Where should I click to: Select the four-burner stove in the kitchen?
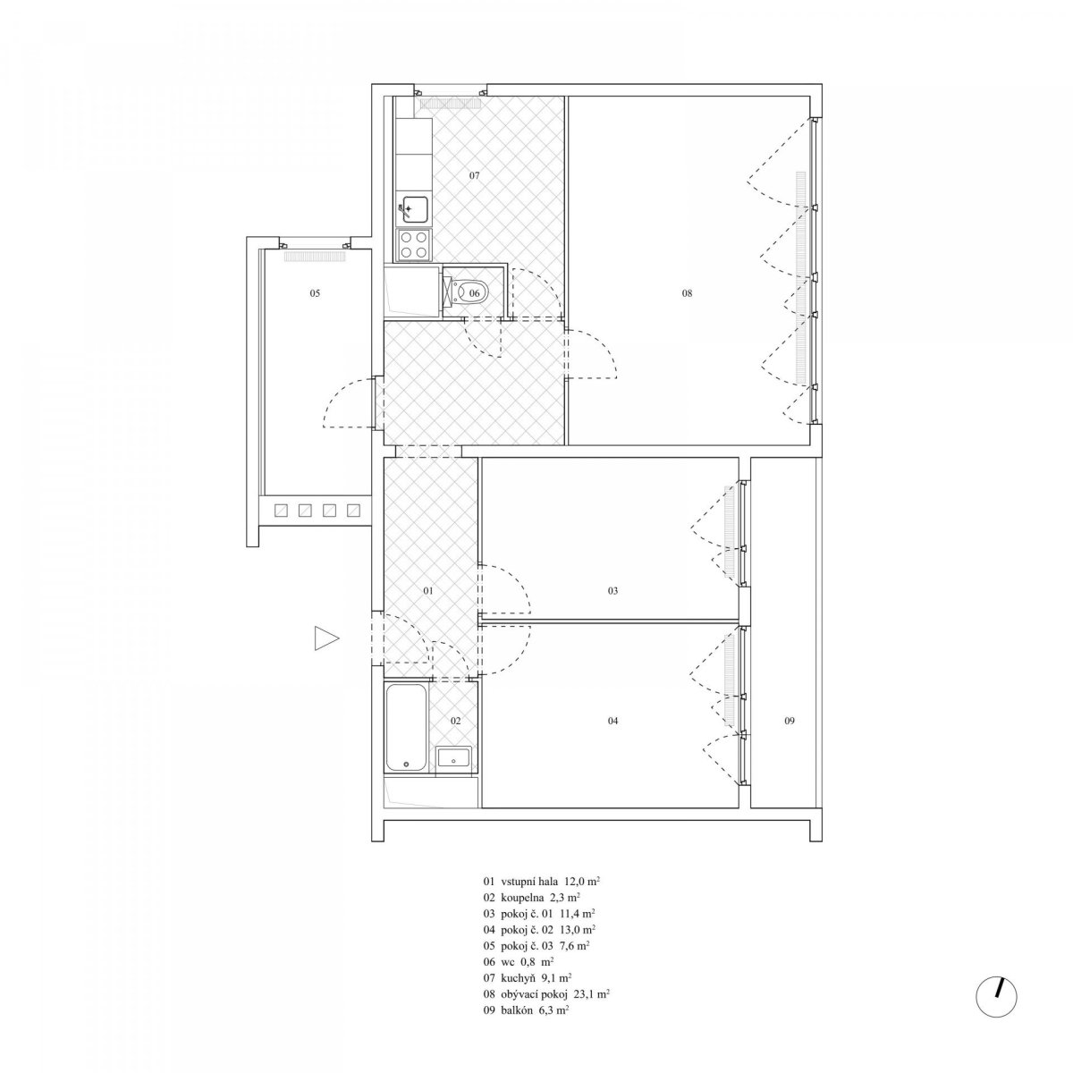coord(414,244)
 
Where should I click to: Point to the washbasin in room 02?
coord(455,759)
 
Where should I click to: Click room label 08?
coord(687,293)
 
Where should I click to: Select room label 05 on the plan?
coord(315,293)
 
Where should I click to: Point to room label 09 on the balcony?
coord(790,721)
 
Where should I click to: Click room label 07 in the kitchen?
coord(474,175)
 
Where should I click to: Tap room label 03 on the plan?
coord(613,591)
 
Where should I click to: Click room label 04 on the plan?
coord(613,721)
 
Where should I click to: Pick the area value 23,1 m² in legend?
coord(589,993)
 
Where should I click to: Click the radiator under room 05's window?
coord(316,257)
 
